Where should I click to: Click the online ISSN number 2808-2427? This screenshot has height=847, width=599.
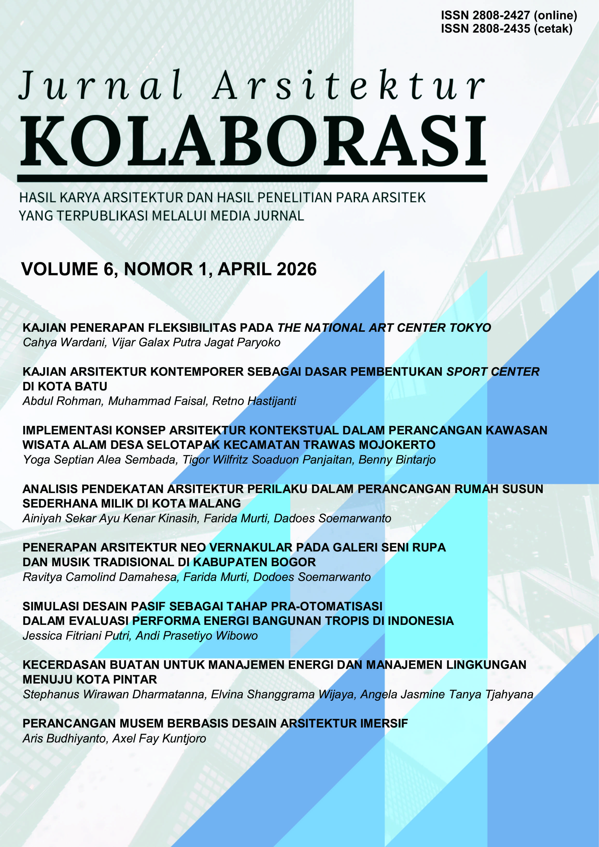coord(501,15)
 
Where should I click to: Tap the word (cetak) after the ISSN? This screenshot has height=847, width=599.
coord(553,29)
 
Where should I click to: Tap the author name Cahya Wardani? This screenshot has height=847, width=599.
coord(64,343)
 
